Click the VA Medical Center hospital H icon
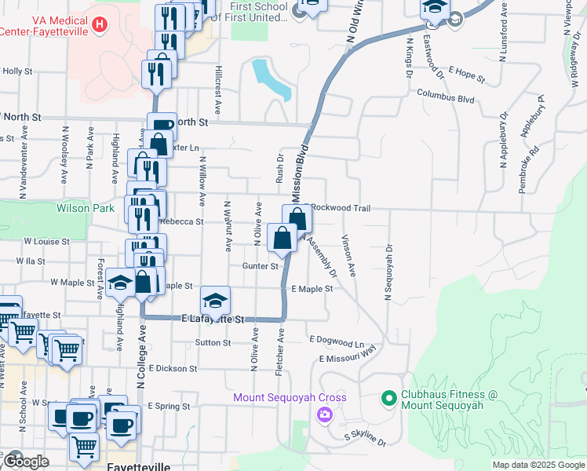(x=99, y=25)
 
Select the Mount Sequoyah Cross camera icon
(x=323, y=414)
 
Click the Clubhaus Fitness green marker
(x=388, y=399)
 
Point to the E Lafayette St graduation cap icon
(x=215, y=299)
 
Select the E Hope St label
(x=467, y=75)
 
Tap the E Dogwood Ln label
(x=337, y=342)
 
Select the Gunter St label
(x=261, y=266)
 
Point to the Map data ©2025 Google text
(x=538, y=465)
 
